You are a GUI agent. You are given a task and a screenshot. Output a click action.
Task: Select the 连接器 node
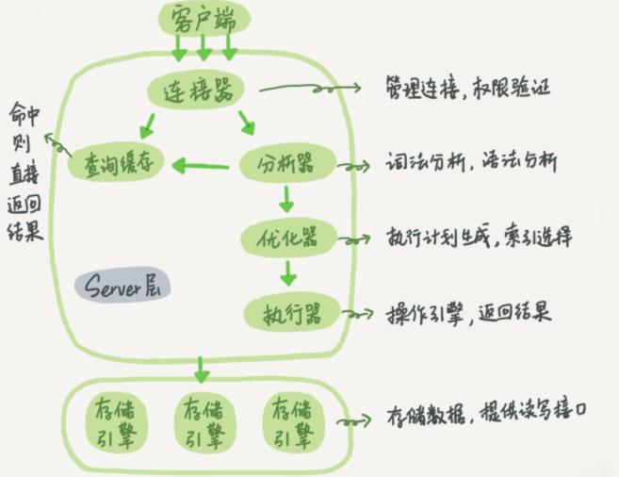click(196, 90)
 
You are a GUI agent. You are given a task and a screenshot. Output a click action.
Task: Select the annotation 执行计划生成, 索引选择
click(477, 236)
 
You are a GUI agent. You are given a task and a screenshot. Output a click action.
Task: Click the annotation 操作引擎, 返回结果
click(467, 311)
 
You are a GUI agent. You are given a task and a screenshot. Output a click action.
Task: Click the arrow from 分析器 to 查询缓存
click(204, 167)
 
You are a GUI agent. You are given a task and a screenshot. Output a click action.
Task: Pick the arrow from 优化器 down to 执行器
click(287, 271)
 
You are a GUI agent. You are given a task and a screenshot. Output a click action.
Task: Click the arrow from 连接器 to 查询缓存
click(146, 123)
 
